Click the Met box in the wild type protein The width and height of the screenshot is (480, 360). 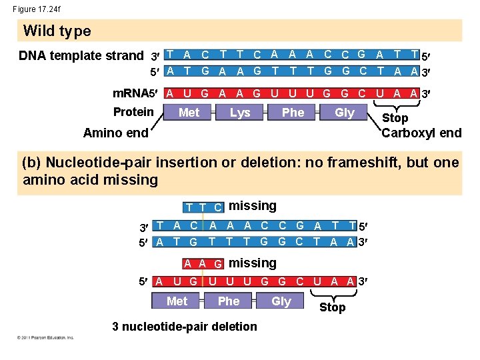(189, 113)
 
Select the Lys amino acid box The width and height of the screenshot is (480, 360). (240, 113)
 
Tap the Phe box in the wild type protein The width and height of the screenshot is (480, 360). (293, 113)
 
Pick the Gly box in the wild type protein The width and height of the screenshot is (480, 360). (344, 113)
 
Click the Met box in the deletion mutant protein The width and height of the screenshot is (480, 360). (177, 301)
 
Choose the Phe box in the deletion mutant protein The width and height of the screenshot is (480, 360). (229, 301)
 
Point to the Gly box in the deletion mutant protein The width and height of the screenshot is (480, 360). (281, 301)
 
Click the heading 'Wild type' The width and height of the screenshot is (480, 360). (57, 31)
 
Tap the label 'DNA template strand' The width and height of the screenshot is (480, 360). (81, 55)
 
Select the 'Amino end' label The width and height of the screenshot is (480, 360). (115, 133)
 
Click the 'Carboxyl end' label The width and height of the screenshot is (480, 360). (421, 133)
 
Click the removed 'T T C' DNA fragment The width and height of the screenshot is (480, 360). (204, 207)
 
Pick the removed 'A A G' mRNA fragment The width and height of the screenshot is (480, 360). (204, 264)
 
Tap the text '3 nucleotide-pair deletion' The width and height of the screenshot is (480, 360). (185, 326)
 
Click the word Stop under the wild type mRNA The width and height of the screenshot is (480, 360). (395, 118)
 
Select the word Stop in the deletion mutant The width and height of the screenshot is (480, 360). (332, 307)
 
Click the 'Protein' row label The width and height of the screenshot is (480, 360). (133, 111)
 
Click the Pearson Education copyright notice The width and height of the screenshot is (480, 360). (45, 338)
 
